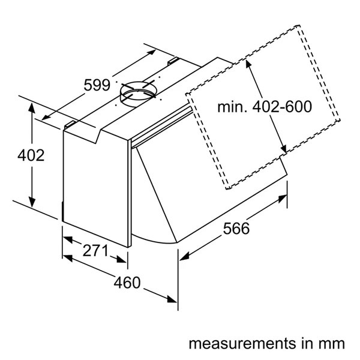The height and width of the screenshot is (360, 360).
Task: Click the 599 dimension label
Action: coord(96,85)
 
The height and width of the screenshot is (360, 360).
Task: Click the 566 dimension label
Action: coord(236,228)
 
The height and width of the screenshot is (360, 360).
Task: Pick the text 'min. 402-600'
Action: coord(264,108)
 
